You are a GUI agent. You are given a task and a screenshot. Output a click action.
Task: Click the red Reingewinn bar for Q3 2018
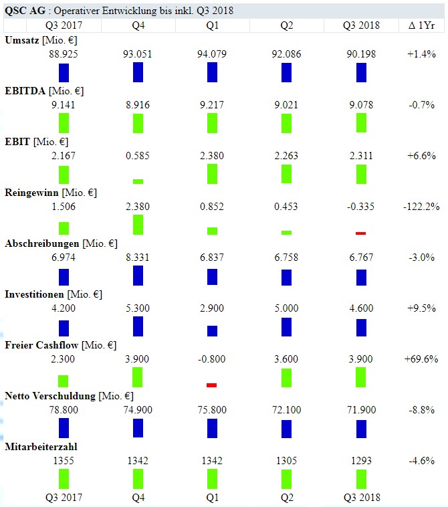[361, 233]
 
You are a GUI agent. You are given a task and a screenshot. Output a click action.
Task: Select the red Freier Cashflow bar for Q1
[212, 385]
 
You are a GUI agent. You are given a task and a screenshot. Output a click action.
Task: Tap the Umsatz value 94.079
[212, 54]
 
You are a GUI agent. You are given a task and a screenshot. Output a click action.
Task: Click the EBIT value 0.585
[138, 156]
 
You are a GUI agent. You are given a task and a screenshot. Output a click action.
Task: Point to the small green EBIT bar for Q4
[138, 181]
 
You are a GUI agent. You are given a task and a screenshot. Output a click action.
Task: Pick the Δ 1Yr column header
[422, 25]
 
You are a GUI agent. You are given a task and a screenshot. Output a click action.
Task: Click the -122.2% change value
[422, 207]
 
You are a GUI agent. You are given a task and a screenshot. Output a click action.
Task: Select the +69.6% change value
[422, 359]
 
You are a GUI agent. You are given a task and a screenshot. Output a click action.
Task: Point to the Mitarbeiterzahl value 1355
[64, 461]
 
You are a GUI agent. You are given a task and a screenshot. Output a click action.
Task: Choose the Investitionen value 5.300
[138, 308]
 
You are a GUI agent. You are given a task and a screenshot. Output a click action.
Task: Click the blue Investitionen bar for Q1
[212, 331]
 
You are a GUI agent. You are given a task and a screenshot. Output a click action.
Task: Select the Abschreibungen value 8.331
[138, 258]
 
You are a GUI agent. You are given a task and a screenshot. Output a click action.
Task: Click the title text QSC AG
[20, 11]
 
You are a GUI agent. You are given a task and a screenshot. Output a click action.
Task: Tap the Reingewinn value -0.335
[361, 207]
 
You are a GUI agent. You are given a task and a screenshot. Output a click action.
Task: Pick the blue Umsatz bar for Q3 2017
[64, 72]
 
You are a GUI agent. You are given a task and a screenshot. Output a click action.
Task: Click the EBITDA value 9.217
[212, 105]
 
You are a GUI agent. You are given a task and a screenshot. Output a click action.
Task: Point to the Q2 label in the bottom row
[286, 498]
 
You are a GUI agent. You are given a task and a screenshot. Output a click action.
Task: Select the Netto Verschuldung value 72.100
[286, 410]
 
